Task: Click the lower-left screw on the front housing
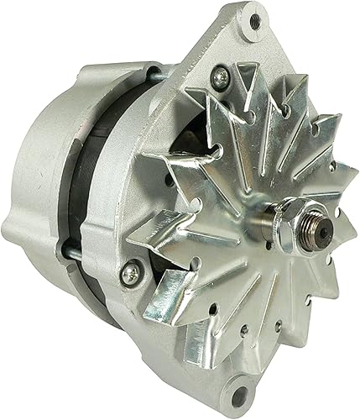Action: point(129,272)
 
